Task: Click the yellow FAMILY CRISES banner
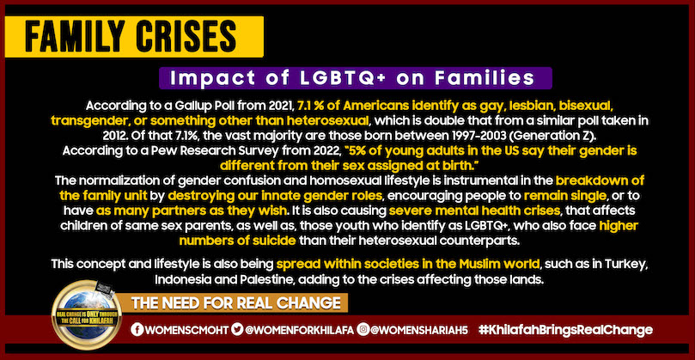pyautogui.click(x=134, y=37)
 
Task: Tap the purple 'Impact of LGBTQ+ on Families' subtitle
pyautogui.click(x=355, y=78)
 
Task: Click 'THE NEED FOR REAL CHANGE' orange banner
pyautogui.click(x=235, y=302)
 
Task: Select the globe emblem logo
pyautogui.click(x=86, y=314)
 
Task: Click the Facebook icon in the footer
pyautogui.click(x=137, y=330)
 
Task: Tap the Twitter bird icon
pyautogui.click(x=238, y=330)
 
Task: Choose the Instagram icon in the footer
pyautogui.click(x=363, y=330)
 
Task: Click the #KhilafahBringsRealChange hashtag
pyautogui.click(x=565, y=330)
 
